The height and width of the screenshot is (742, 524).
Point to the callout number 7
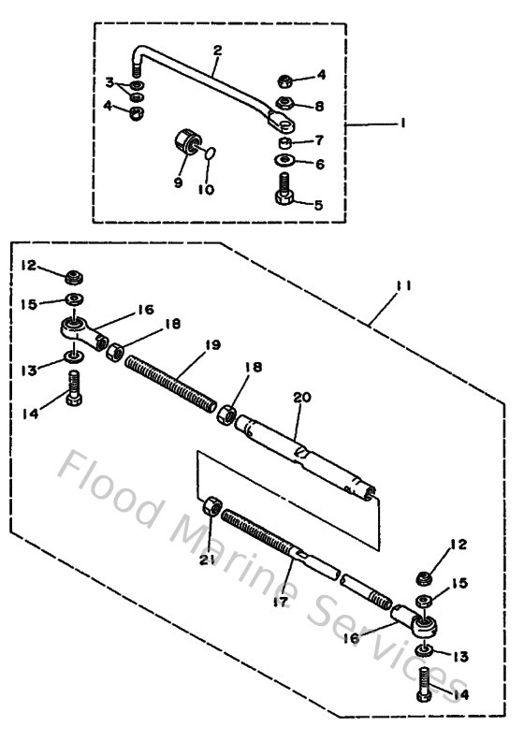pos(319,140)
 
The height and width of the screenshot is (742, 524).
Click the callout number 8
pos(320,106)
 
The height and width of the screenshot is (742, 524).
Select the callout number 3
pos(109,82)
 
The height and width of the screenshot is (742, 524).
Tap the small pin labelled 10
pos(211,150)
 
